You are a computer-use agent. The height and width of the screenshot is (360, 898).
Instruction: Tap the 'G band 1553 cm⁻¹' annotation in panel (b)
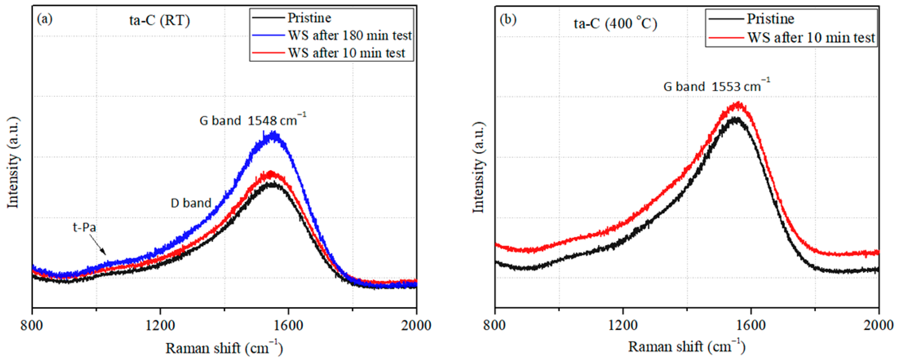tap(716, 86)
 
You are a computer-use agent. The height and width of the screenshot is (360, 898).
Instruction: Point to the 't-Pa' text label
tap(84, 228)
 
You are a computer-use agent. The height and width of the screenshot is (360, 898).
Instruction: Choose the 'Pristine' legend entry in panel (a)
tap(309, 18)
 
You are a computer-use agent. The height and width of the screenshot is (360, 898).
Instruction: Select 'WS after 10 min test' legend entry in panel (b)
tap(811, 37)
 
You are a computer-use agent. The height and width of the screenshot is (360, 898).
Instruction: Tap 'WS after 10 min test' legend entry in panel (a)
tap(346, 53)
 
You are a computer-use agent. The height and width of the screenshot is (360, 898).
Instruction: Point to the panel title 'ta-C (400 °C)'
tap(615, 23)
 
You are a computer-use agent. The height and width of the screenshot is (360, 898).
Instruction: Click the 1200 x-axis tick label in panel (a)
tap(160, 325)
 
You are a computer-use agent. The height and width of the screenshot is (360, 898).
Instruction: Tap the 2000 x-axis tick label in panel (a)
tap(416, 325)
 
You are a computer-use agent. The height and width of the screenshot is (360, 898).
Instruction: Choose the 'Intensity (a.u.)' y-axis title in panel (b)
tap(478, 167)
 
